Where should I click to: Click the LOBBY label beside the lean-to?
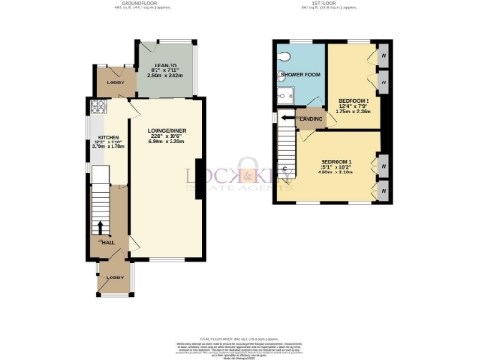tap(115, 83)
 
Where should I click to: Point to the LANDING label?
tap(310, 119)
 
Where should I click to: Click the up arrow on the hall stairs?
tap(101, 227)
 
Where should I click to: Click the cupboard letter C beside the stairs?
tap(283, 169)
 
